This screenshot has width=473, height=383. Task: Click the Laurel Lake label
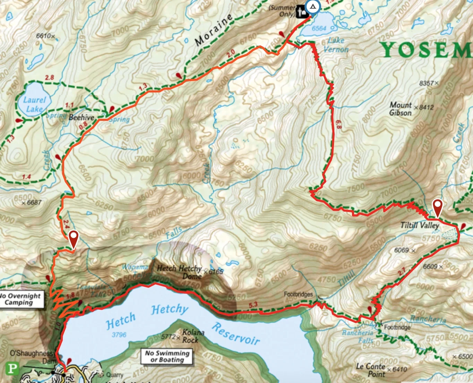point(34,105)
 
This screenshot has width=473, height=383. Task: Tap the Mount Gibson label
point(401,109)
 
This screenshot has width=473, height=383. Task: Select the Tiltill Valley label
point(420,225)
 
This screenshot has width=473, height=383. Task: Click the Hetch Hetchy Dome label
point(179,272)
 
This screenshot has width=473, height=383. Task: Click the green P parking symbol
point(12,368)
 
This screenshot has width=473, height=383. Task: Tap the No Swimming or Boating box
point(167,356)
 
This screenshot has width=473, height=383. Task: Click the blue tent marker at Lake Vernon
point(313,7)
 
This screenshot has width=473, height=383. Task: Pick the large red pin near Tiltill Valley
point(438,207)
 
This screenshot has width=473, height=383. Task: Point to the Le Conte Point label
point(370,370)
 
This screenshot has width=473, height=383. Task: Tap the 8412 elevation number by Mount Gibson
point(426,107)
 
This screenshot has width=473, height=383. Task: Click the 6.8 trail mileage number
point(339,125)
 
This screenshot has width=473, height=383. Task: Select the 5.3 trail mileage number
point(253,305)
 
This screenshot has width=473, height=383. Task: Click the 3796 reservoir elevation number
point(119,335)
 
